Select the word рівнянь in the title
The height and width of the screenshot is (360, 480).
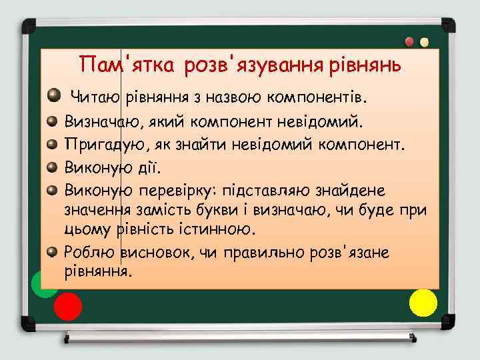[364, 65]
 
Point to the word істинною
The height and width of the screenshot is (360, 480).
[221, 230]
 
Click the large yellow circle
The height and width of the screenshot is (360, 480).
[423, 303]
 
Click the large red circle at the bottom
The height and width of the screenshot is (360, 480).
[67, 307]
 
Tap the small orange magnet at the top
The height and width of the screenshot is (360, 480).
[424, 42]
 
